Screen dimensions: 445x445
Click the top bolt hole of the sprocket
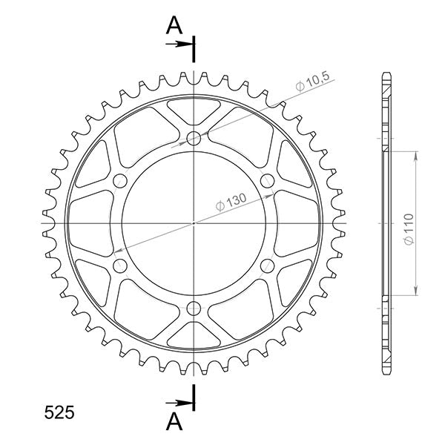[x=194, y=137]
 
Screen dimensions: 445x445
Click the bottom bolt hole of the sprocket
[x=194, y=308]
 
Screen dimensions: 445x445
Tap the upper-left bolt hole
[x=120, y=180]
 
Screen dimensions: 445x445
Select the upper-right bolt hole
[x=268, y=180]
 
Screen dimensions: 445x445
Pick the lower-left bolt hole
[x=120, y=266]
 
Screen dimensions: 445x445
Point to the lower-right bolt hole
[x=268, y=266]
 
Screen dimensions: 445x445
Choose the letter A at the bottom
[x=174, y=421]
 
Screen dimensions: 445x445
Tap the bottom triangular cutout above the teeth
[x=194, y=332]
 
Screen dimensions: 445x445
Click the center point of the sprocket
[x=194, y=222]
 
